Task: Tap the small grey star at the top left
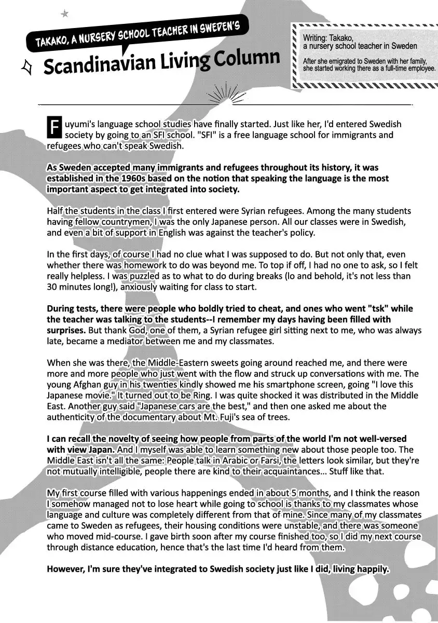tap(64, 14)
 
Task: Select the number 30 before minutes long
tap(52, 287)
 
